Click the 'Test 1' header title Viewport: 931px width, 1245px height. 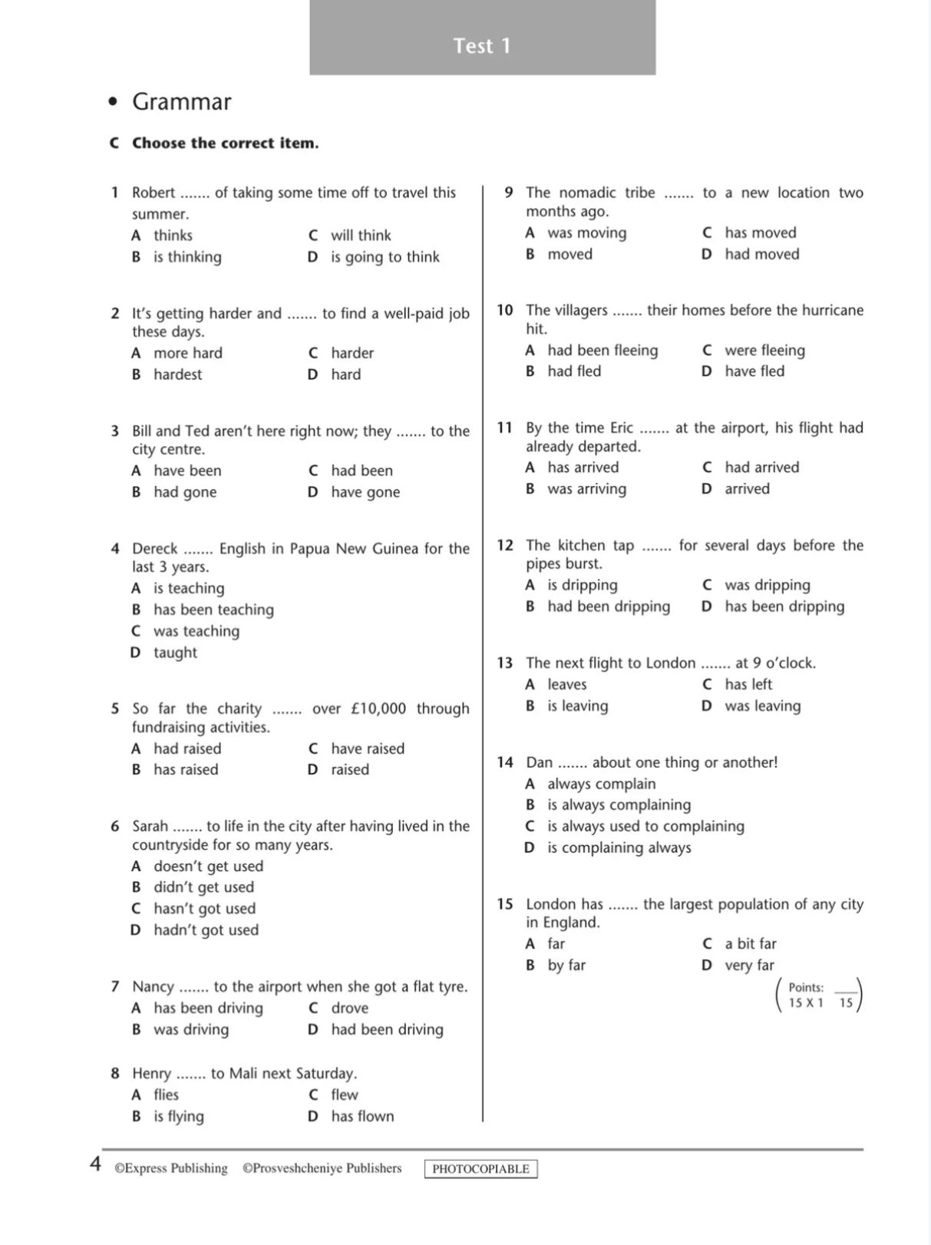(481, 46)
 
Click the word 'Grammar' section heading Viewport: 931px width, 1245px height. (181, 102)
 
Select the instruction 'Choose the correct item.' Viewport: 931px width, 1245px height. (225, 144)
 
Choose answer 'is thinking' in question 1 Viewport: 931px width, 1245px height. (187, 257)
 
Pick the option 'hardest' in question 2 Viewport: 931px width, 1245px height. (177, 375)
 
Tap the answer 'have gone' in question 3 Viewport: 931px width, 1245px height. (365, 492)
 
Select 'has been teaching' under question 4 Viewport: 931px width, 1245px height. (213, 609)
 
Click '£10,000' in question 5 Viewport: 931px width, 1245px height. (378, 708)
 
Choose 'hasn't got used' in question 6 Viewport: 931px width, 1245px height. (204, 909)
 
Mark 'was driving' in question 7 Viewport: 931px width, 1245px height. (191, 1029)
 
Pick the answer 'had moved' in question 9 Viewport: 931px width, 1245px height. (761, 254)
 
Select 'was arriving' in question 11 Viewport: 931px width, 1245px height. (586, 489)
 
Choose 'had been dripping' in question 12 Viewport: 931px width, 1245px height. (608, 606)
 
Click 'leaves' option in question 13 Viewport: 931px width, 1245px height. (566, 685)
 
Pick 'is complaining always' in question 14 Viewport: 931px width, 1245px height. (619, 848)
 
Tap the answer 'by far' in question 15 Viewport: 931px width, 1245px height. (566, 966)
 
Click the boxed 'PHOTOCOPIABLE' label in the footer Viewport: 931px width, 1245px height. (480, 1169)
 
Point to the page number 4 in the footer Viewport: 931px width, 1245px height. (95, 1164)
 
